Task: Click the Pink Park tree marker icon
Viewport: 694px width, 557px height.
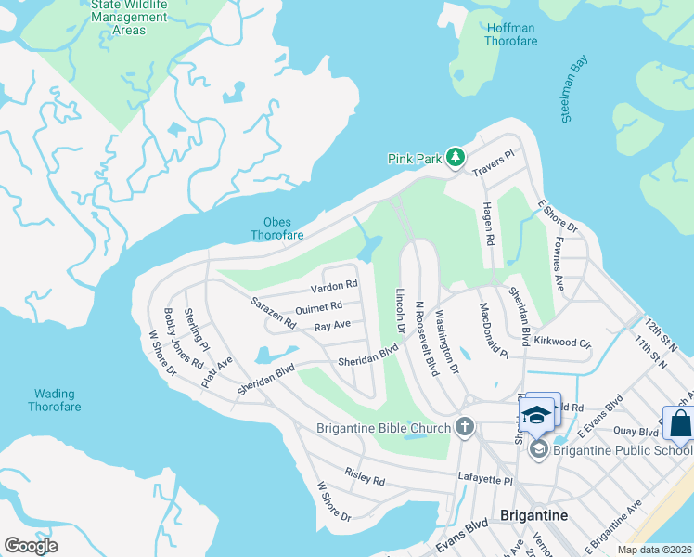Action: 455,158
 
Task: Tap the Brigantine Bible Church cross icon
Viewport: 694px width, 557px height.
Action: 465,428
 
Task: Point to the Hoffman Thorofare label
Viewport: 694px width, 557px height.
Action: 510,34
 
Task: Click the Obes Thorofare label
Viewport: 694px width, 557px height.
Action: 276,228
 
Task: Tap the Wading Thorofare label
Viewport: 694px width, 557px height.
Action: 54,400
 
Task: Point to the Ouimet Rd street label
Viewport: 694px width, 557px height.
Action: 319,307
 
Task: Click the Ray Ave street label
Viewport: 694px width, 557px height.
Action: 332,326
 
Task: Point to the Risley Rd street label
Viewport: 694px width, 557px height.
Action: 364,478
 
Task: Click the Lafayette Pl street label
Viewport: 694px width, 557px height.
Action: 485,479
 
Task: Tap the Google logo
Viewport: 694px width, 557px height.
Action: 32,546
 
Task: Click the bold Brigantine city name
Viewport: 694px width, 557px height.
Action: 533,515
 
